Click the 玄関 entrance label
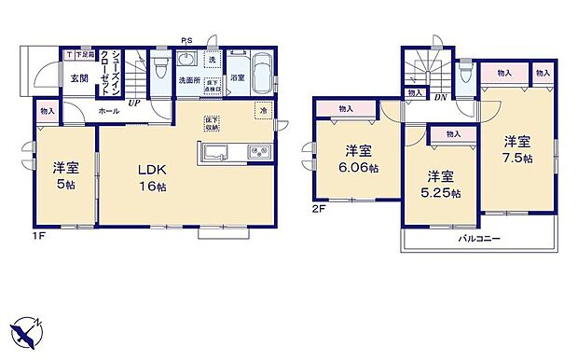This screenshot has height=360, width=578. tap(77, 79)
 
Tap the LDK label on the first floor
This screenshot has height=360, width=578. tap(153, 170)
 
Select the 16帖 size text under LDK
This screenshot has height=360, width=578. tap(154, 187)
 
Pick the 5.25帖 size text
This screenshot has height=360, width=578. tap(441, 193)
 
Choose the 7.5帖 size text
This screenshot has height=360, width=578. tap(517, 159)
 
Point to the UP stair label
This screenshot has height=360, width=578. tap(135, 103)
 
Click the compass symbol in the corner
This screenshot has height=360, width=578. tap(25, 330)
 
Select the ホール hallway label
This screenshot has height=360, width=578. tap(110, 111)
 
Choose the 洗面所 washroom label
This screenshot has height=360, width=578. tap(192, 80)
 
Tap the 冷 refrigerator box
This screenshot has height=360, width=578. tap(263, 112)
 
